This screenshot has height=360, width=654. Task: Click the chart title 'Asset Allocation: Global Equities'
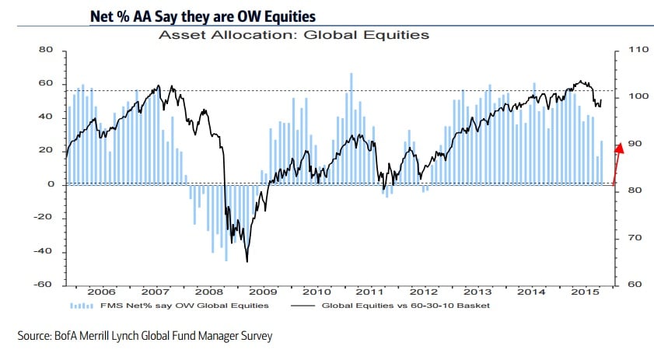click(294, 34)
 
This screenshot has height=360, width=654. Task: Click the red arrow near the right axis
click(617, 163)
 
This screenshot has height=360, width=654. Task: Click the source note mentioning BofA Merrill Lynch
click(145, 336)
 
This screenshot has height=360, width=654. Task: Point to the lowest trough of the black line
click(247, 261)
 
